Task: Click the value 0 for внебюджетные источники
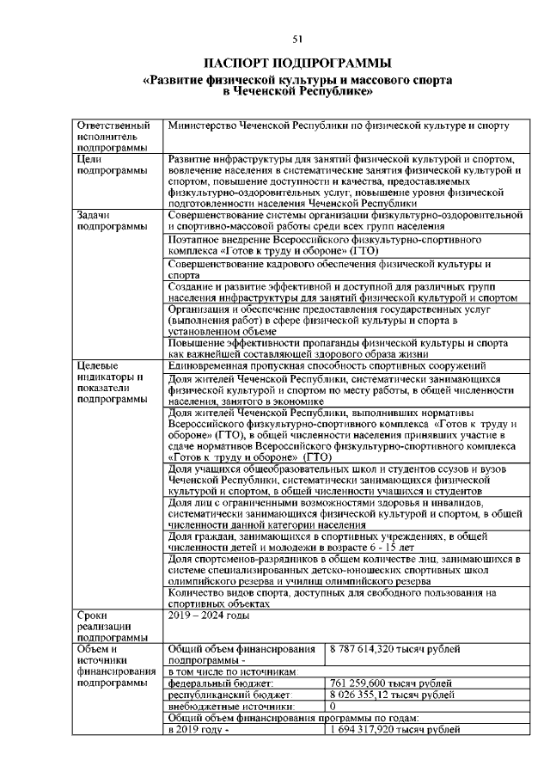(x=333, y=706)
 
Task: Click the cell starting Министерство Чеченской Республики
(x=339, y=126)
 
